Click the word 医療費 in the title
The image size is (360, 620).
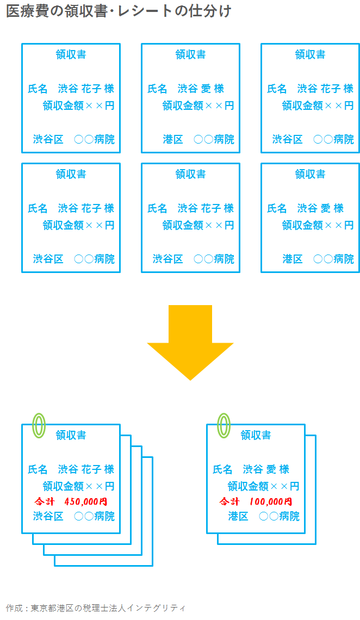pos(26,11)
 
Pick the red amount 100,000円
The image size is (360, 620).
pos(271,501)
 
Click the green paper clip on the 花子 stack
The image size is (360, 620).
pos(39,425)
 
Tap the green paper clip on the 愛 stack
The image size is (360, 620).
pos(224,425)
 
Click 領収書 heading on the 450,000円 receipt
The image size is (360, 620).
pos(71,435)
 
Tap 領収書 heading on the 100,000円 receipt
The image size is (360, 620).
pos(256,435)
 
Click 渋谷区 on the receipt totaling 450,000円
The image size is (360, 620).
pos(48,516)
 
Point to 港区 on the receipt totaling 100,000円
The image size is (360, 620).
pos(238,516)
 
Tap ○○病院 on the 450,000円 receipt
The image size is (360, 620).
pos(94,516)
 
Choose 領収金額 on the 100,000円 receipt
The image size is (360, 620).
pos(248,486)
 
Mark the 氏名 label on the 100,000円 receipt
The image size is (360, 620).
pos(222,469)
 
